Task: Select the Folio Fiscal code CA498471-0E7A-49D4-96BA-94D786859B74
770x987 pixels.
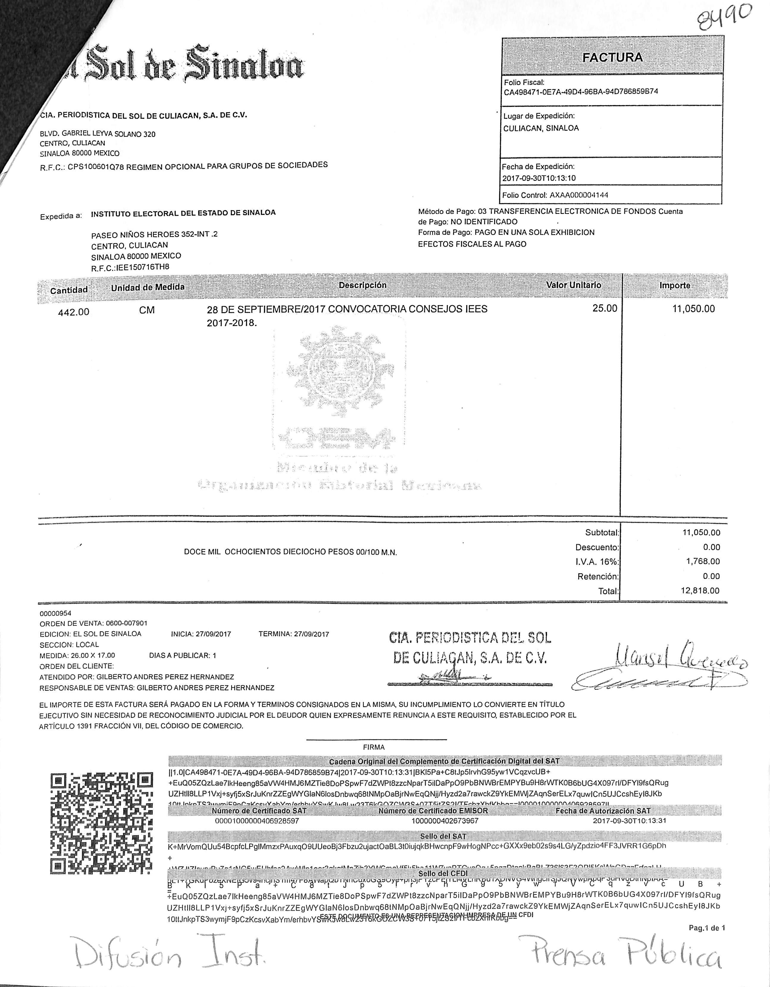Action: click(581, 92)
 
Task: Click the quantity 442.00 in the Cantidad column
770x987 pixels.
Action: click(74, 312)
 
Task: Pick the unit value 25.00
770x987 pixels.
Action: click(605, 309)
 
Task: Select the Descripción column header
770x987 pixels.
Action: click(362, 285)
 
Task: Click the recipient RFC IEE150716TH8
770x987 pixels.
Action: click(143, 267)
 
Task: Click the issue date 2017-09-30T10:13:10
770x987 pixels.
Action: click(539, 178)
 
